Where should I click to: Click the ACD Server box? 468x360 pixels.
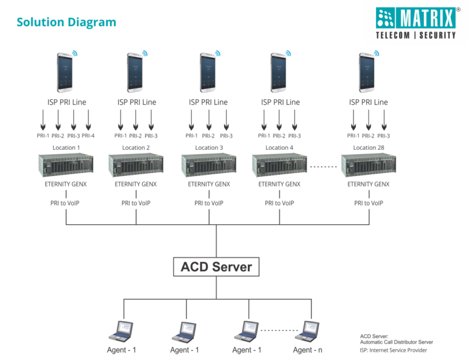click(216, 267)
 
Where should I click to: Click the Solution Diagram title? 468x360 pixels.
click(66, 23)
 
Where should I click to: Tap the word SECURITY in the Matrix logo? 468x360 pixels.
click(438, 35)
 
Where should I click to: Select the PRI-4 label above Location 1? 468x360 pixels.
click(88, 136)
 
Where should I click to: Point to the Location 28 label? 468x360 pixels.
click(369, 147)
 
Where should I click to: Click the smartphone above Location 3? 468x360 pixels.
click(208, 72)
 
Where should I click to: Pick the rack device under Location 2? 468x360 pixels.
click(136, 165)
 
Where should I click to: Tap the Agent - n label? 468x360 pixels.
click(307, 350)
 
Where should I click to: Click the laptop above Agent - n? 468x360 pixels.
click(307, 331)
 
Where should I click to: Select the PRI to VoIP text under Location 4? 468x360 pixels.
click(279, 203)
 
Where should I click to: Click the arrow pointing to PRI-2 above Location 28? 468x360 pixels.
click(369, 120)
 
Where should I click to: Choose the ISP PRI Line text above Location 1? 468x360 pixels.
click(67, 102)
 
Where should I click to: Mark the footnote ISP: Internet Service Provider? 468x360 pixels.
click(394, 350)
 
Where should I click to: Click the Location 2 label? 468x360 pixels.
click(136, 147)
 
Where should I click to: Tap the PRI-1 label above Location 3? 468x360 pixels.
click(191, 136)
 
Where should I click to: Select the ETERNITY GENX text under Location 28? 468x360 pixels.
click(369, 185)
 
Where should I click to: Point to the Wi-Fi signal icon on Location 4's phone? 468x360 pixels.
click(288, 53)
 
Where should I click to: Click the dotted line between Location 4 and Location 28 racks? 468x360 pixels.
click(324, 167)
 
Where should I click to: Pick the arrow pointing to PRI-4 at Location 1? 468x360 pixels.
click(88, 120)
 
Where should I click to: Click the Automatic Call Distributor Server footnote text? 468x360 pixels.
click(396, 342)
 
